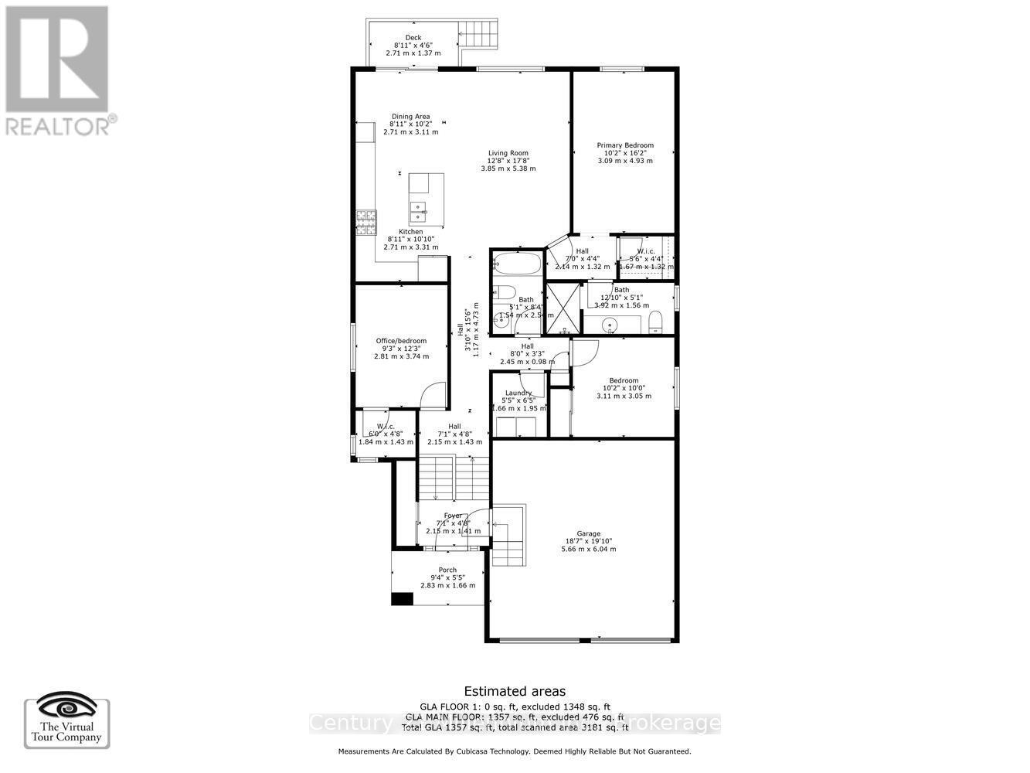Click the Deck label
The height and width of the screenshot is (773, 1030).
(413, 37)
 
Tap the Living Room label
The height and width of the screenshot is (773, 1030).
(508, 153)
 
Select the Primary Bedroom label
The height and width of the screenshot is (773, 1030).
(624, 145)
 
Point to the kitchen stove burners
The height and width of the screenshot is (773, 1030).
(364, 223)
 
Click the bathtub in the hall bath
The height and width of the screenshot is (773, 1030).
(517, 263)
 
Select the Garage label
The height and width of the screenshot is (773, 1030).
(588, 533)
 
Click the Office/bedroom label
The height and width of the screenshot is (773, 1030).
(401, 341)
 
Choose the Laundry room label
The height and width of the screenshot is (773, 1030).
(518, 393)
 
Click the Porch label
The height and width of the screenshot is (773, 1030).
(447, 570)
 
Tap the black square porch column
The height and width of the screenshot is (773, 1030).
(402, 598)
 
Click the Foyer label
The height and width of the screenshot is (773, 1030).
(453, 516)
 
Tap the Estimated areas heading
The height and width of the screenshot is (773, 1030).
(514, 691)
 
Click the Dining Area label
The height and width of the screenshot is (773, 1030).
(410, 117)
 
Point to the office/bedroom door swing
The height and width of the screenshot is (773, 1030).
(434, 395)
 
